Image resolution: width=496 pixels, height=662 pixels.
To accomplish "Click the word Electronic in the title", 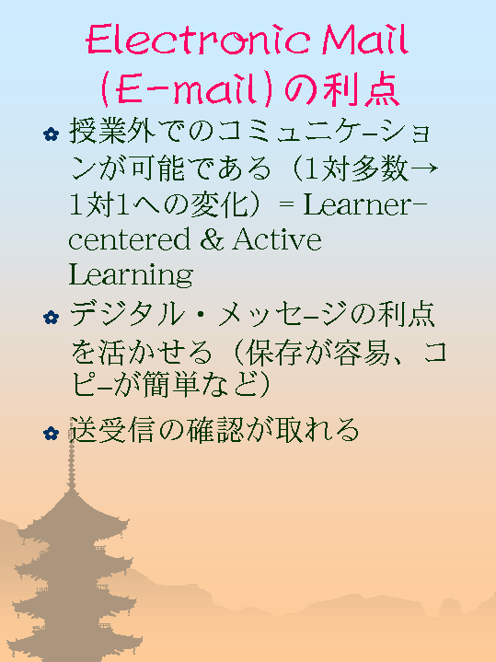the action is point(199,40).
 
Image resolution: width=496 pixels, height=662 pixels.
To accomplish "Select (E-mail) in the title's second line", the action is point(186,89).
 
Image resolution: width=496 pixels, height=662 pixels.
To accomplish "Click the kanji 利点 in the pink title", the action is point(362,89).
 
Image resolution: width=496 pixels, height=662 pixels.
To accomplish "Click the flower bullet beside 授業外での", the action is point(52,134).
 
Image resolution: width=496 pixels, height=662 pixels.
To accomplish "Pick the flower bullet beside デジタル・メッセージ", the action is point(52,318).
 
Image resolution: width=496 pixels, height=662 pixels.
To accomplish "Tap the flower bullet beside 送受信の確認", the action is point(52,434).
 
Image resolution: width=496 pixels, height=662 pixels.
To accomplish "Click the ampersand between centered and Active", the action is point(212,239).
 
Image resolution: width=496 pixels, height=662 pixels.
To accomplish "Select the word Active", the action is point(277,239).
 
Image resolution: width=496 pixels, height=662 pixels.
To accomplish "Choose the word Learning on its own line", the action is point(131,275).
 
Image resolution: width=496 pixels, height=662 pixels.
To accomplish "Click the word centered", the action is point(130,239).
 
